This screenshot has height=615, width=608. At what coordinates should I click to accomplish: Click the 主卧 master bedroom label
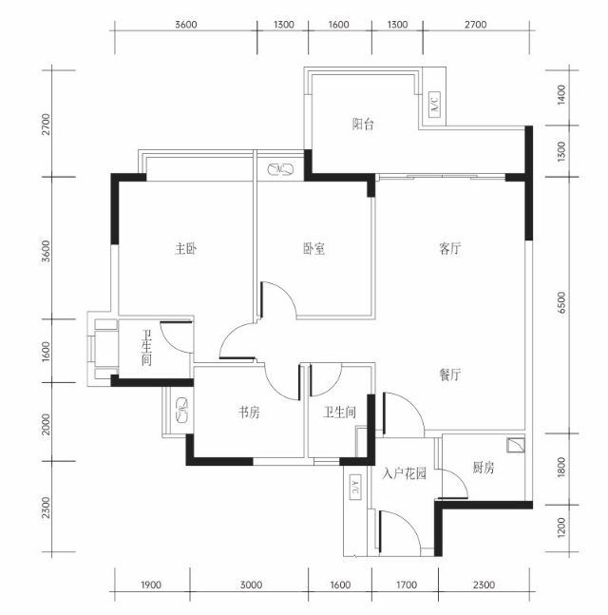(x=186, y=249)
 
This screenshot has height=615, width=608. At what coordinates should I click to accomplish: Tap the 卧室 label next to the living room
(x=314, y=249)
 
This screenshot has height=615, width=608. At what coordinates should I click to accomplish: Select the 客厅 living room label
(x=450, y=249)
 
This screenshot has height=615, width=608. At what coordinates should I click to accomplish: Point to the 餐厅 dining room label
(x=450, y=375)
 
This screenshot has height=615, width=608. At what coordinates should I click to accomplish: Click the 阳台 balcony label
(x=363, y=125)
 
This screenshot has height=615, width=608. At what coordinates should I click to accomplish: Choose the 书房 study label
(x=249, y=413)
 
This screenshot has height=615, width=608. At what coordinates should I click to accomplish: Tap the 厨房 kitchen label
(x=484, y=468)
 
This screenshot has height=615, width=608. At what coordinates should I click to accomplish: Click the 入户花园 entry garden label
(x=404, y=474)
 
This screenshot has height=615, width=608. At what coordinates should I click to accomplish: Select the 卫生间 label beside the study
(x=339, y=413)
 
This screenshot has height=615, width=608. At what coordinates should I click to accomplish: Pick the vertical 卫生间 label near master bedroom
(x=146, y=348)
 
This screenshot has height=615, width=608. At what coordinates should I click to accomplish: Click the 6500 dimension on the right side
(x=561, y=302)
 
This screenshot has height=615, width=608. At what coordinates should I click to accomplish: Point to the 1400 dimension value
(x=561, y=94)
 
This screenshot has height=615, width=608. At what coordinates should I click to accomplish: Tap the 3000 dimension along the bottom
(x=252, y=586)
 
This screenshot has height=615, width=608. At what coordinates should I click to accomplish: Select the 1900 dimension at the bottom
(x=151, y=586)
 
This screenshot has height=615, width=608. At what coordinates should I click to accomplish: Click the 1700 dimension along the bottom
(x=407, y=586)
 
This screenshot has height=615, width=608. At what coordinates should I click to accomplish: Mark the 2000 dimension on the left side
(x=47, y=424)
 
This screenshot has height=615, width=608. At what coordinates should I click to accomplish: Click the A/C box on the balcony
(x=434, y=104)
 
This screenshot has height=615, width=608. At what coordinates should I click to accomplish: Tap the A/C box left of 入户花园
(x=354, y=487)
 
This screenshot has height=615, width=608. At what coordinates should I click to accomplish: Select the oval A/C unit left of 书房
(x=182, y=411)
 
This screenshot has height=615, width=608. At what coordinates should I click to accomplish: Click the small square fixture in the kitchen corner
(x=515, y=445)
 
